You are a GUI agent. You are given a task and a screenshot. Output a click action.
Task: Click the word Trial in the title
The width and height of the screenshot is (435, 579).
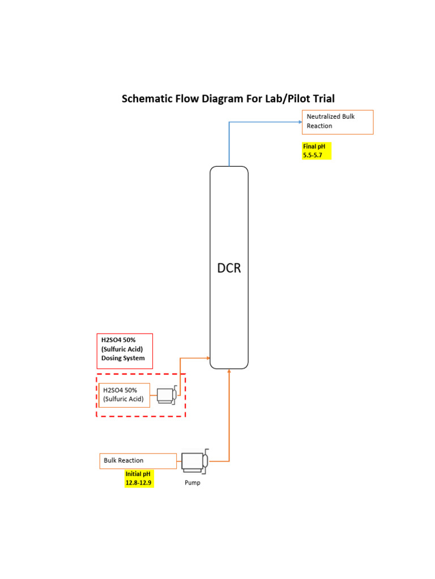pos(323,99)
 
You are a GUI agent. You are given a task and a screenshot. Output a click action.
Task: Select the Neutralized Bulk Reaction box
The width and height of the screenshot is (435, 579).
pos(338,122)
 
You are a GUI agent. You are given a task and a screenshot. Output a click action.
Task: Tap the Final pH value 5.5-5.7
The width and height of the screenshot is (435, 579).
pos(313,154)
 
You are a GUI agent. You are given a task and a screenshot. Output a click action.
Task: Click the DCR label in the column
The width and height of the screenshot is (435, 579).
pos(229,268)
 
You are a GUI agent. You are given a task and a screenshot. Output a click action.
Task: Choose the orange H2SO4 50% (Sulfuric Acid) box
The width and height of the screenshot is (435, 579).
pos(124,395)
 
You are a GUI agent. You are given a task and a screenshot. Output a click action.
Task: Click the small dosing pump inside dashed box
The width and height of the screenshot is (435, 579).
pos(167,395)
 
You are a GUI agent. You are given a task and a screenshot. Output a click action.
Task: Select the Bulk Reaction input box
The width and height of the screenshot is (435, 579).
pos(138,461)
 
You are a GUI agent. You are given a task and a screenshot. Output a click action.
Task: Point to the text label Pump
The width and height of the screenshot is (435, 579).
pos(193,483)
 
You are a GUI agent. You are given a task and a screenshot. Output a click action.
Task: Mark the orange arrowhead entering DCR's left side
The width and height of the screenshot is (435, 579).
pos(207,358)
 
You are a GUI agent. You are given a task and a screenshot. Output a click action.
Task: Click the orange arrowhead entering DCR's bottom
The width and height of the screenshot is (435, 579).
pos(229,371)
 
